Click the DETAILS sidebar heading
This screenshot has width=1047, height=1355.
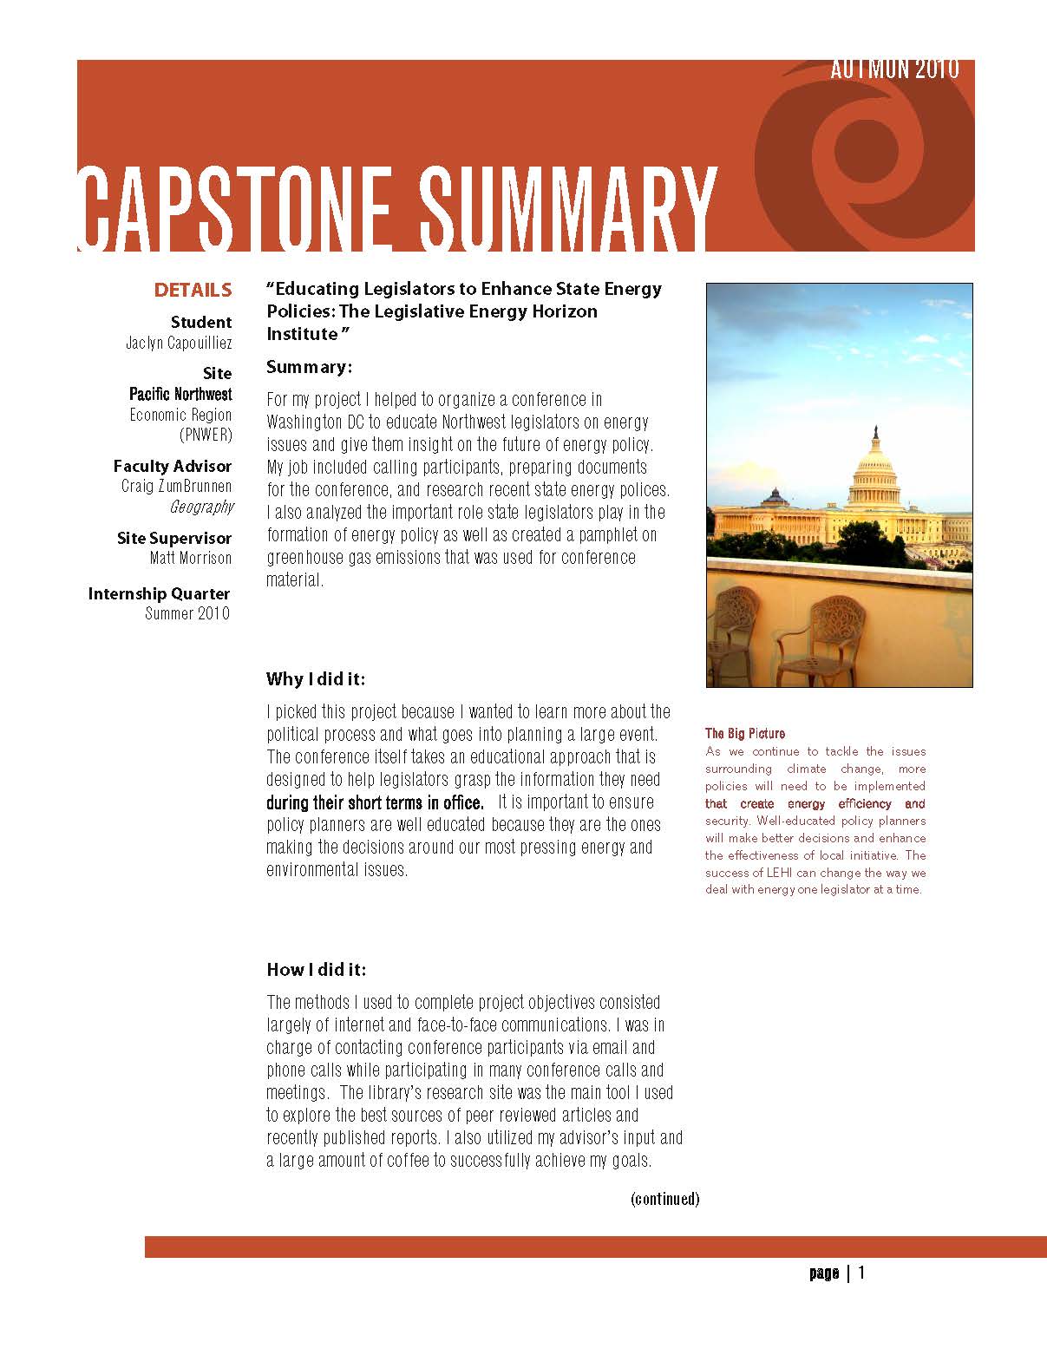point(193,290)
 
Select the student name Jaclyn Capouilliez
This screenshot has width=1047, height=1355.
point(179,343)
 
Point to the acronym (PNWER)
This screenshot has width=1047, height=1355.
point(206,434)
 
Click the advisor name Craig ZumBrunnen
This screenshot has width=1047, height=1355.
point(177,486)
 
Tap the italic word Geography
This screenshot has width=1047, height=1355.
point(201,507)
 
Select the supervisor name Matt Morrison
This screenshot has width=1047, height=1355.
point(191,558)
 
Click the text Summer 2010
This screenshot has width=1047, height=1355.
point(187,613)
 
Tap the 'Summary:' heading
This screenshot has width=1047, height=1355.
point(309,367)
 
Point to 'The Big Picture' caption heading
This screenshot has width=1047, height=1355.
point(744,734)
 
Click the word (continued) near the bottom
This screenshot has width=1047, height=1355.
point(664,1199)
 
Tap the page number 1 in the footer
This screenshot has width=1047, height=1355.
point(861,1273)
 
